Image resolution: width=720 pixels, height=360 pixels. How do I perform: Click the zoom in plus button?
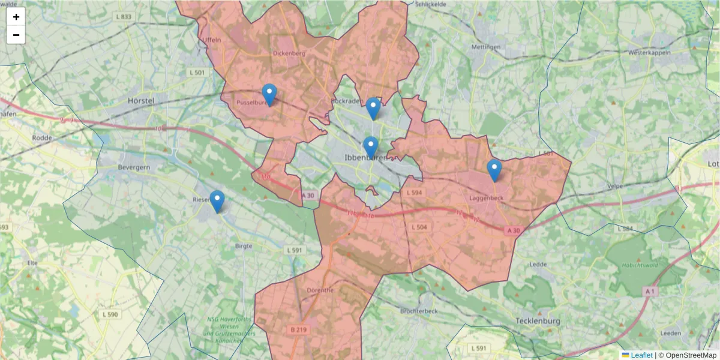(x=16, y=17)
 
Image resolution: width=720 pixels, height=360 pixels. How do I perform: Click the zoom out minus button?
(x=16, y=35)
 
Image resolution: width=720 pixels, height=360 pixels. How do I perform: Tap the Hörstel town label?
(x=141, y=101)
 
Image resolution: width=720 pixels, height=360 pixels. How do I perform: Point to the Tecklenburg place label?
(x=538, y=321)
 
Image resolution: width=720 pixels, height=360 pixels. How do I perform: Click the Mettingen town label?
(x=486, y=47)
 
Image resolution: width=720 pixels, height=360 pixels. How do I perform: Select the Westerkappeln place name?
(x=648, y=53)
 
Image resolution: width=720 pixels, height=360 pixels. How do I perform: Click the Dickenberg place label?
(x=289, y=53)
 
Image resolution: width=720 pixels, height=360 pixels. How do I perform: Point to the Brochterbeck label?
(x=419, y=311)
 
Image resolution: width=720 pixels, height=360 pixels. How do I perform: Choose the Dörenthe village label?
(x=320, y=290)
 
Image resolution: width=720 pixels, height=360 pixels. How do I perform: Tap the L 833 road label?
(x=122, y=17)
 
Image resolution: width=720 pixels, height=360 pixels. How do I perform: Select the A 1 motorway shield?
(x=650, y=291)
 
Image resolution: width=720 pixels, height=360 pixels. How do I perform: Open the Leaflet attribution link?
(x=641, y=355)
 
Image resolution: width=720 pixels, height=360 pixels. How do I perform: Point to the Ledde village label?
(x=538, y=264)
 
